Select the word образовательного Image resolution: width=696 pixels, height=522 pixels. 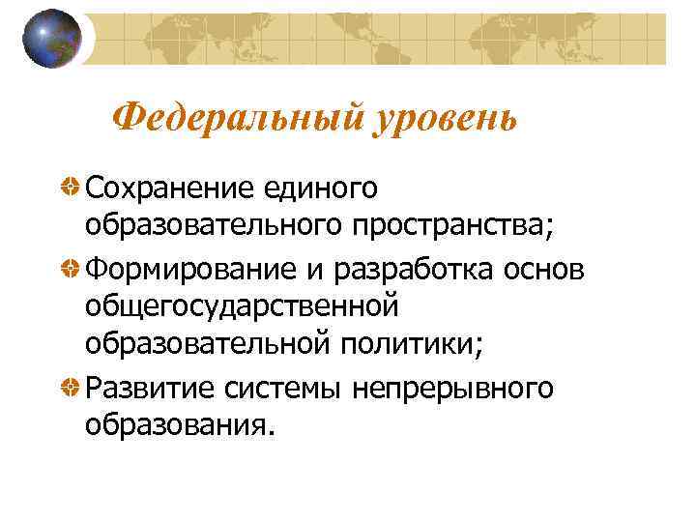point(211,226)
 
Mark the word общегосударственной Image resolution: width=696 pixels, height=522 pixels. point(242,307)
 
